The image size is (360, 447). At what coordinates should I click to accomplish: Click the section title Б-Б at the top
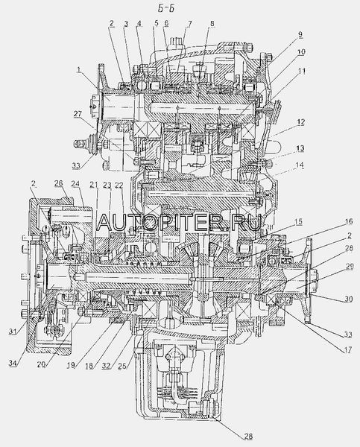click(x=166, y=8)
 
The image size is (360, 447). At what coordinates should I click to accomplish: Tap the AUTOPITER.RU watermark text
click(x=178, y=222)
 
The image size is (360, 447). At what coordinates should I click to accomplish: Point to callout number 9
click(x=300, y=35)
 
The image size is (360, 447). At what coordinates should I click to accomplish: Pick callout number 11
click(x=301, y=72)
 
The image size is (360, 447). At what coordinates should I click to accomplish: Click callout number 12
click(x=300, y=122)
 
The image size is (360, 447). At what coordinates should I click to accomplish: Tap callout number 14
click(x=300, y=165)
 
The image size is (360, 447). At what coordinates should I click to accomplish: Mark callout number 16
click(x=348, y=221)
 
